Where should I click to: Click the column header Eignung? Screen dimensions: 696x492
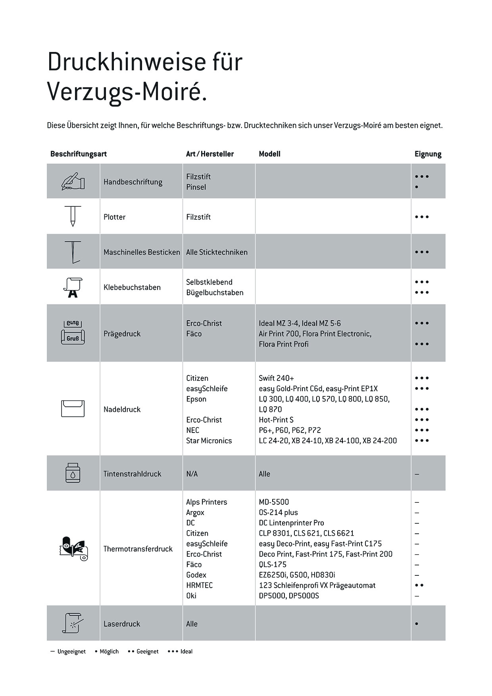[x=428, y=154]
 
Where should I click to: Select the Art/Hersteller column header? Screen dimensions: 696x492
[x=209, y=154]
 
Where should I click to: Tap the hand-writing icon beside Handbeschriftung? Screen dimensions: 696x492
[x=73, y=181]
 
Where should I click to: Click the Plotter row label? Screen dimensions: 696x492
[x=114, y=217]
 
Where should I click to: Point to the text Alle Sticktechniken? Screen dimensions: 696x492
[x=217, y=252]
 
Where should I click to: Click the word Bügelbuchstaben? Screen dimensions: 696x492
[x=215, y=292]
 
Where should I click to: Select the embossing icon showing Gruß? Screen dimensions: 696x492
[x=73, y=333]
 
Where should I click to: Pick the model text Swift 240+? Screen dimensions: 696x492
[x=276, y=378]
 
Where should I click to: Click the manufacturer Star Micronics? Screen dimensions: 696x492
[x=209, y=440]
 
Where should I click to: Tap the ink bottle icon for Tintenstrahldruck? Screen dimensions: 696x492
[x=73, y=473]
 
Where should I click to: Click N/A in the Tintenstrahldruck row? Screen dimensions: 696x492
[x=192, y=474]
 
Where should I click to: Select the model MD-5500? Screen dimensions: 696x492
[x=274, y=502]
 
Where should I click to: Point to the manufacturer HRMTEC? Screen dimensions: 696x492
[x=199, y=585]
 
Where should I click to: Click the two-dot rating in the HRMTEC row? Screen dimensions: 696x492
[x=419, y=585]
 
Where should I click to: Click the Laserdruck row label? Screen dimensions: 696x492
[x=121, y=624]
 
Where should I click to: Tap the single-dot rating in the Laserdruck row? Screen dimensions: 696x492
[x=417, y=624]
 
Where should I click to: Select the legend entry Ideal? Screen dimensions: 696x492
[x=186, y=652]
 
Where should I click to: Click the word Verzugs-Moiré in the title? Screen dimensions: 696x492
[x=127, y=92]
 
